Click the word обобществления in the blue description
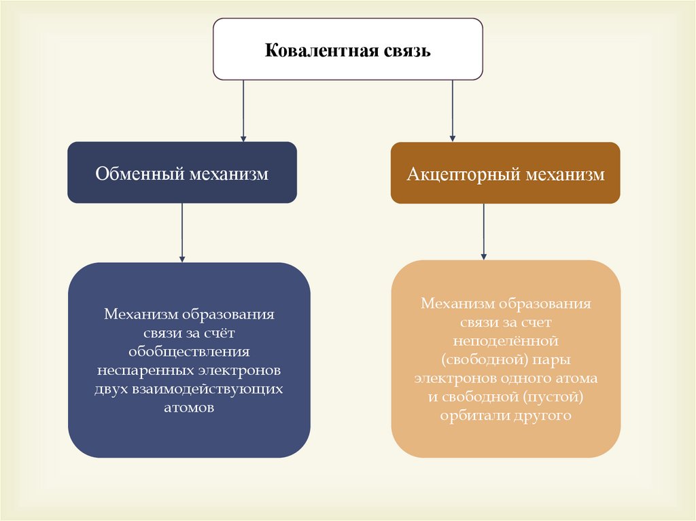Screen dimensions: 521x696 pos(189,353)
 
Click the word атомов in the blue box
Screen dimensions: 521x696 pos(189,408)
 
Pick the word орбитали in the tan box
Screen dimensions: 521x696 pos(471,415)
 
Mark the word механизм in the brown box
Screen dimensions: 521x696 pos(563,175)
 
